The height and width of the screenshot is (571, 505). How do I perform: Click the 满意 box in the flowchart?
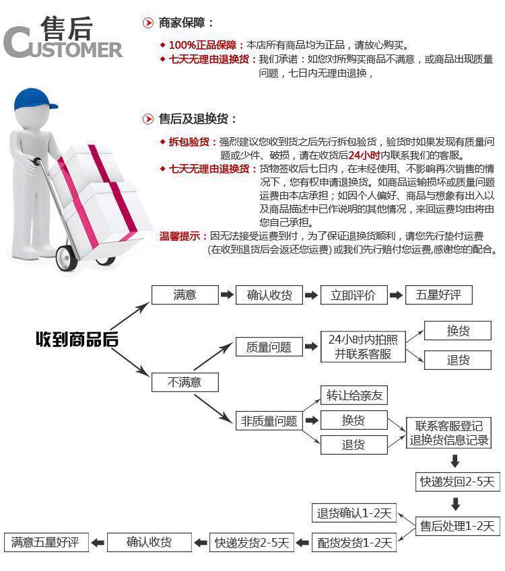coord(184,295)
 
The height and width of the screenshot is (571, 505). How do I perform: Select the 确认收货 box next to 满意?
coord(269,295)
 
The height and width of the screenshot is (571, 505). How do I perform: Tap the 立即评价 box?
coord(353,295)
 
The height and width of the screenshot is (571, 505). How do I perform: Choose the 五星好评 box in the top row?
coord(438,295)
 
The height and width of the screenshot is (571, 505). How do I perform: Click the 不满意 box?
coord(184,382)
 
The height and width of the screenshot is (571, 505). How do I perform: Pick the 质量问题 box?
coord(269,347)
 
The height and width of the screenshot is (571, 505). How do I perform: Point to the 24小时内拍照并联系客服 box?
coord(363,346)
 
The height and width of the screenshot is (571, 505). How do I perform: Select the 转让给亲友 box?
coord(354,395)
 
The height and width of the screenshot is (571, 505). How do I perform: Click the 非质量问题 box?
coord(269,421)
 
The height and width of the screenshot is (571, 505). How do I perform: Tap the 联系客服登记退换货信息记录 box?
coord(448,434)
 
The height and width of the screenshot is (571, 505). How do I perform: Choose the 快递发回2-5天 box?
coord(457,482)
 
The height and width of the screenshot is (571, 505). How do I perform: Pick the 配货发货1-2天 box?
coord(354,542)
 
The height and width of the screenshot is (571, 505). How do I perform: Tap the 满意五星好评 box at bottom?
coord(46,542)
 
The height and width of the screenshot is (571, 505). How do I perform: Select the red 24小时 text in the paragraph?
coord(364,155)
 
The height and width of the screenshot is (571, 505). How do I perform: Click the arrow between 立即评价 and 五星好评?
coord(397,295)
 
